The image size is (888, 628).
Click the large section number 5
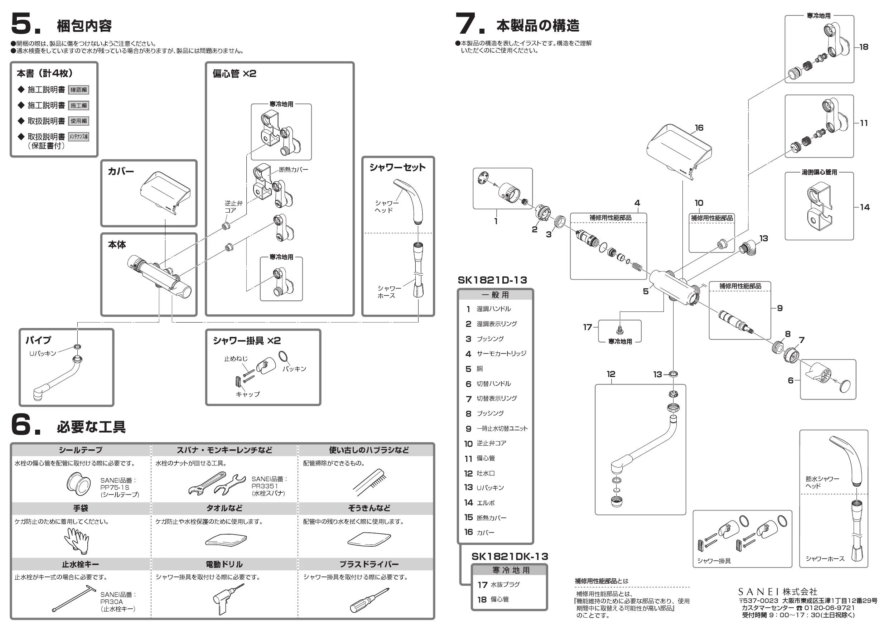(x=24, y=24)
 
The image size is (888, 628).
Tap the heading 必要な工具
(x=91, y=427)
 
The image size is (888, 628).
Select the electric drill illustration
(x=227, y=598)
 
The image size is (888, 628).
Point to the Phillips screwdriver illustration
(x=368, y=600)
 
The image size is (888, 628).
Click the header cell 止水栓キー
(x=81, y=564)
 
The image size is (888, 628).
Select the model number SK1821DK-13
(x=510, y=556)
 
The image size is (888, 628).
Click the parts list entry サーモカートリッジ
(x=501, y=353)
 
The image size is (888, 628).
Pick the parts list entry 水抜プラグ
(x=505, y=585)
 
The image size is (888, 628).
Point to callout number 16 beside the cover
(x=699, y=127)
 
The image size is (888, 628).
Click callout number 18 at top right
(x=864, y=47)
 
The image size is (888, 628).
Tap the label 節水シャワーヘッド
(x=822, y=482)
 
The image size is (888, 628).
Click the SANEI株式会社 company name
(x=777, y=591)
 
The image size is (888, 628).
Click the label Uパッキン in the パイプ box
(x=43, y=353)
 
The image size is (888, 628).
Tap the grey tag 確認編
(x=78, y=90)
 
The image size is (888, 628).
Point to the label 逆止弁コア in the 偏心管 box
(x=233, y=207)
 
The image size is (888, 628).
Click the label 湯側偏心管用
(x=819, y=172)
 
